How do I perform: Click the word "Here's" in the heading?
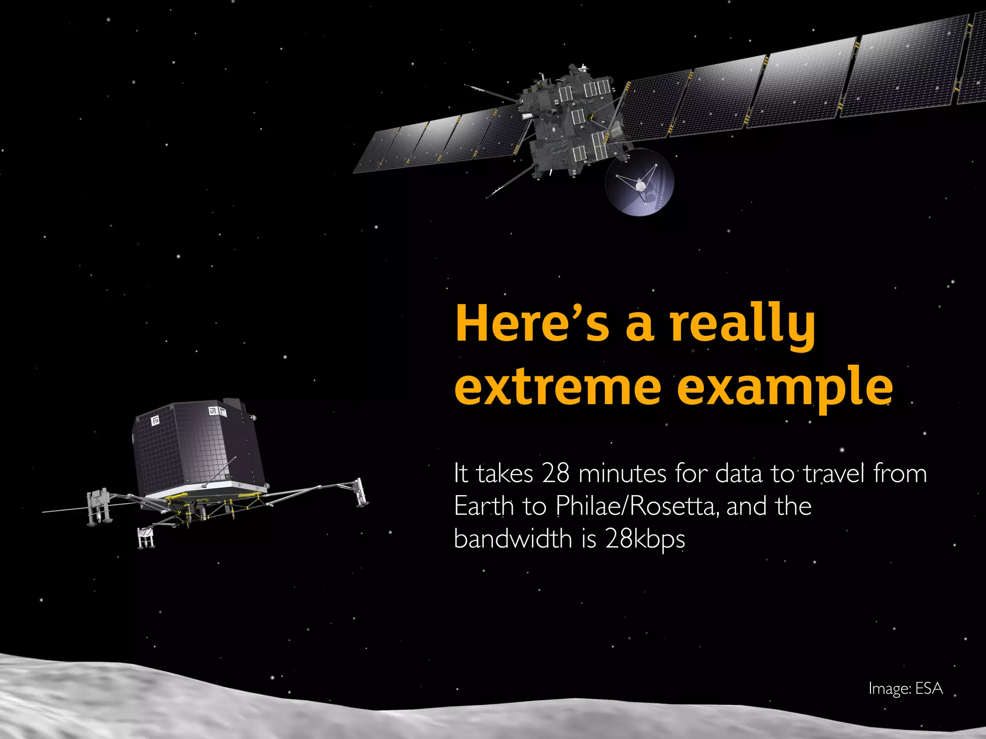click(532, 323)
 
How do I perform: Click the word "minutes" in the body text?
click(622, 473)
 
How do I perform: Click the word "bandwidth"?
click(513, 539)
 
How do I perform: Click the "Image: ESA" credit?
click(905, 688)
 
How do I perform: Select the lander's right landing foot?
click(360, 493)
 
